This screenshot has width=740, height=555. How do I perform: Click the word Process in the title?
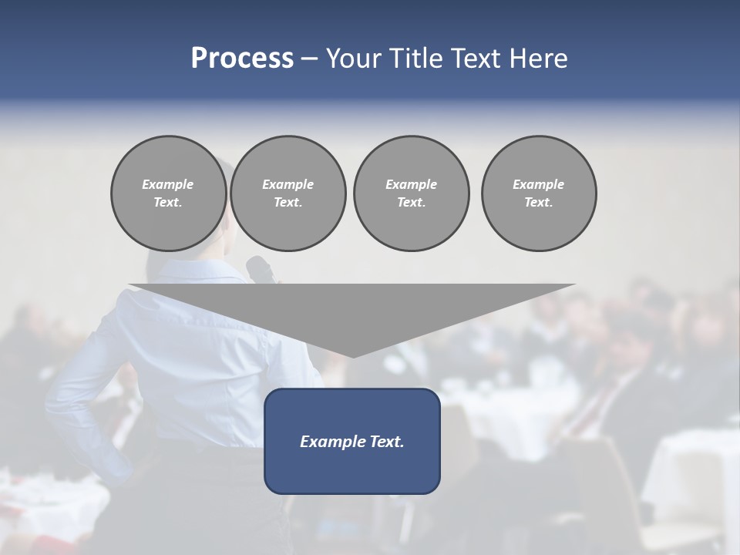pyautogui.click(x=242, y=59)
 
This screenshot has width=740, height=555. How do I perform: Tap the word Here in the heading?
pyautogui.click(x=537, y=59)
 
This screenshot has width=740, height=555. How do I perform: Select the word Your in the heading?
pyautogui.click(x=354, y=59)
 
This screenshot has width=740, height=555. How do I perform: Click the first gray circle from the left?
pyautogui.click(x=168, y=193)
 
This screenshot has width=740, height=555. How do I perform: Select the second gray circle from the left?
pyautogui.click(x=288, y=193)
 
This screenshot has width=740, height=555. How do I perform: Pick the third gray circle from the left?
pyautogui.click(x=411, y=193)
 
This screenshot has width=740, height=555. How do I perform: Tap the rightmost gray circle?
pyautogui.click(x=539, y=193)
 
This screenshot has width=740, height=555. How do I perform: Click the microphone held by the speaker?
pyautogui.click(x=260, y=269)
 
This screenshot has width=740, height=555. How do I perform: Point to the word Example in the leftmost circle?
pyautogui.click(x=168, y=184)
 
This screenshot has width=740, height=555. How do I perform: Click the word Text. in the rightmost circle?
pyautogui.click(x=539, y=203)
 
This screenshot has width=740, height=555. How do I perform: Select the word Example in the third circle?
pyautogui.click(x=411, y=184)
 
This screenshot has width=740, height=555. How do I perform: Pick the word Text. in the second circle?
pyautogui.click(x=288, y=203)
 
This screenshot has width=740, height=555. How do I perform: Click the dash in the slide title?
pyautogui.click(x=310, y=59)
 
